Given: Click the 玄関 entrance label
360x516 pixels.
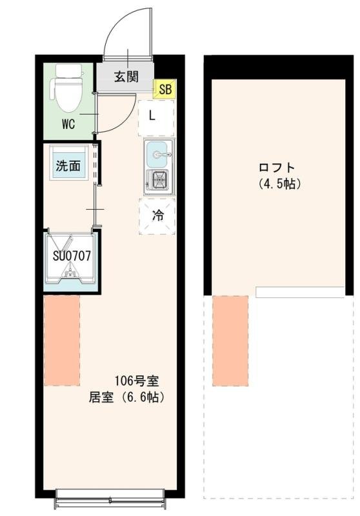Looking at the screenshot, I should pos(126,77).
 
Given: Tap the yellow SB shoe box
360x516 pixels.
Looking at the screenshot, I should pos(165,89).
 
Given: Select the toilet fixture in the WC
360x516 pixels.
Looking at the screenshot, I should pos(66,90).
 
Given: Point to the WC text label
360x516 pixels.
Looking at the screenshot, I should pos(69,124).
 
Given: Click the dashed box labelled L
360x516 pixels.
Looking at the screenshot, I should pos(155,117).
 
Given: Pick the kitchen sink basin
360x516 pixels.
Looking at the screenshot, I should pos(159,154).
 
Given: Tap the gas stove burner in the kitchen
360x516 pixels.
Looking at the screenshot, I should pos(159,180).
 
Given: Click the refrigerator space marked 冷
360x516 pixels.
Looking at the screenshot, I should pos(157,216).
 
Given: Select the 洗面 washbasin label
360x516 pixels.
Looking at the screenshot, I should pos(68,165).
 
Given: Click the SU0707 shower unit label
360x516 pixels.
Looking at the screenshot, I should pos(71,255).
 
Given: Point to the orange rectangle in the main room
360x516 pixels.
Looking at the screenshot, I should pos(62,340).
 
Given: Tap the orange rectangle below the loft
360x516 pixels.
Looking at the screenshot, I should pos(230,341).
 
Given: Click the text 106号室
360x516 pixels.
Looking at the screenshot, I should pos(132,380).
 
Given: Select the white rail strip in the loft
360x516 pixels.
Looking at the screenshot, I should pos(300,292).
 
